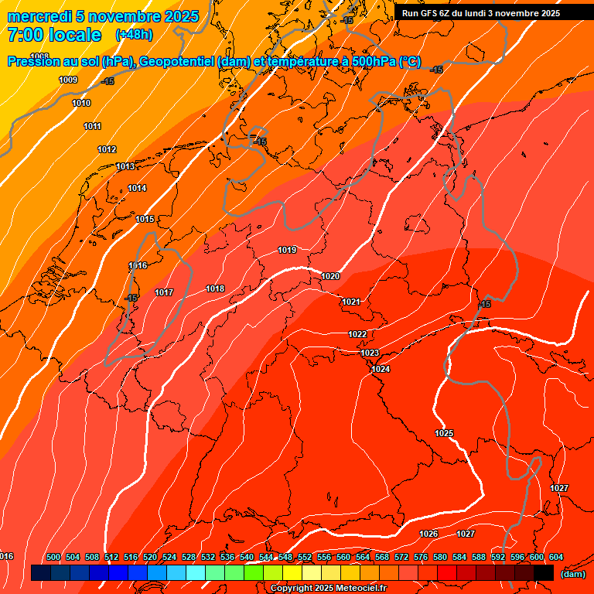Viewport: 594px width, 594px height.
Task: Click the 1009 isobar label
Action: [x=68, y=80]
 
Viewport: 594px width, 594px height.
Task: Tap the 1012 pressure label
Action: [x=107, y=149]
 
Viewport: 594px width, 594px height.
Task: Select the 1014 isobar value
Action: [x=137, y=188]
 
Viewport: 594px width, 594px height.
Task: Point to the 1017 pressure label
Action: [x=164, y=292]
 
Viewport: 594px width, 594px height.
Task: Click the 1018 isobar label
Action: [x=215, y=288]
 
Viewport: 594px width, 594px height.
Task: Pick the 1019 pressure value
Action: [x=287, y=250]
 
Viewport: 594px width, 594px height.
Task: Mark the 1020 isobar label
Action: [x=330, y=276]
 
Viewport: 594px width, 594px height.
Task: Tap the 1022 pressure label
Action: [x=357, y=334]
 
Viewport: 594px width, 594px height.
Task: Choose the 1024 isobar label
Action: [x=381, y=369]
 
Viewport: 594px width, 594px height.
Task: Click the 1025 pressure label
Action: [x=444, y=433]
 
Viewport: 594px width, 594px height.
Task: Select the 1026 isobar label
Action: [x=428, y=534]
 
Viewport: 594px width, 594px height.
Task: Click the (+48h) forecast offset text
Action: [x=134, y=35]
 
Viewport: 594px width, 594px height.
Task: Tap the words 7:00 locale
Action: [x=54, y=35]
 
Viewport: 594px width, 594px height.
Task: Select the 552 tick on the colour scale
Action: [x=305, y=557]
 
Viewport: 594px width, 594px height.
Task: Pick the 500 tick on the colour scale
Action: [x=53, y=557]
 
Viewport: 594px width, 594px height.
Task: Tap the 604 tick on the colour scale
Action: [x=555, y=557]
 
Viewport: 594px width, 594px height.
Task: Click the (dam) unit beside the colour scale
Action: [x=572, y=574]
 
